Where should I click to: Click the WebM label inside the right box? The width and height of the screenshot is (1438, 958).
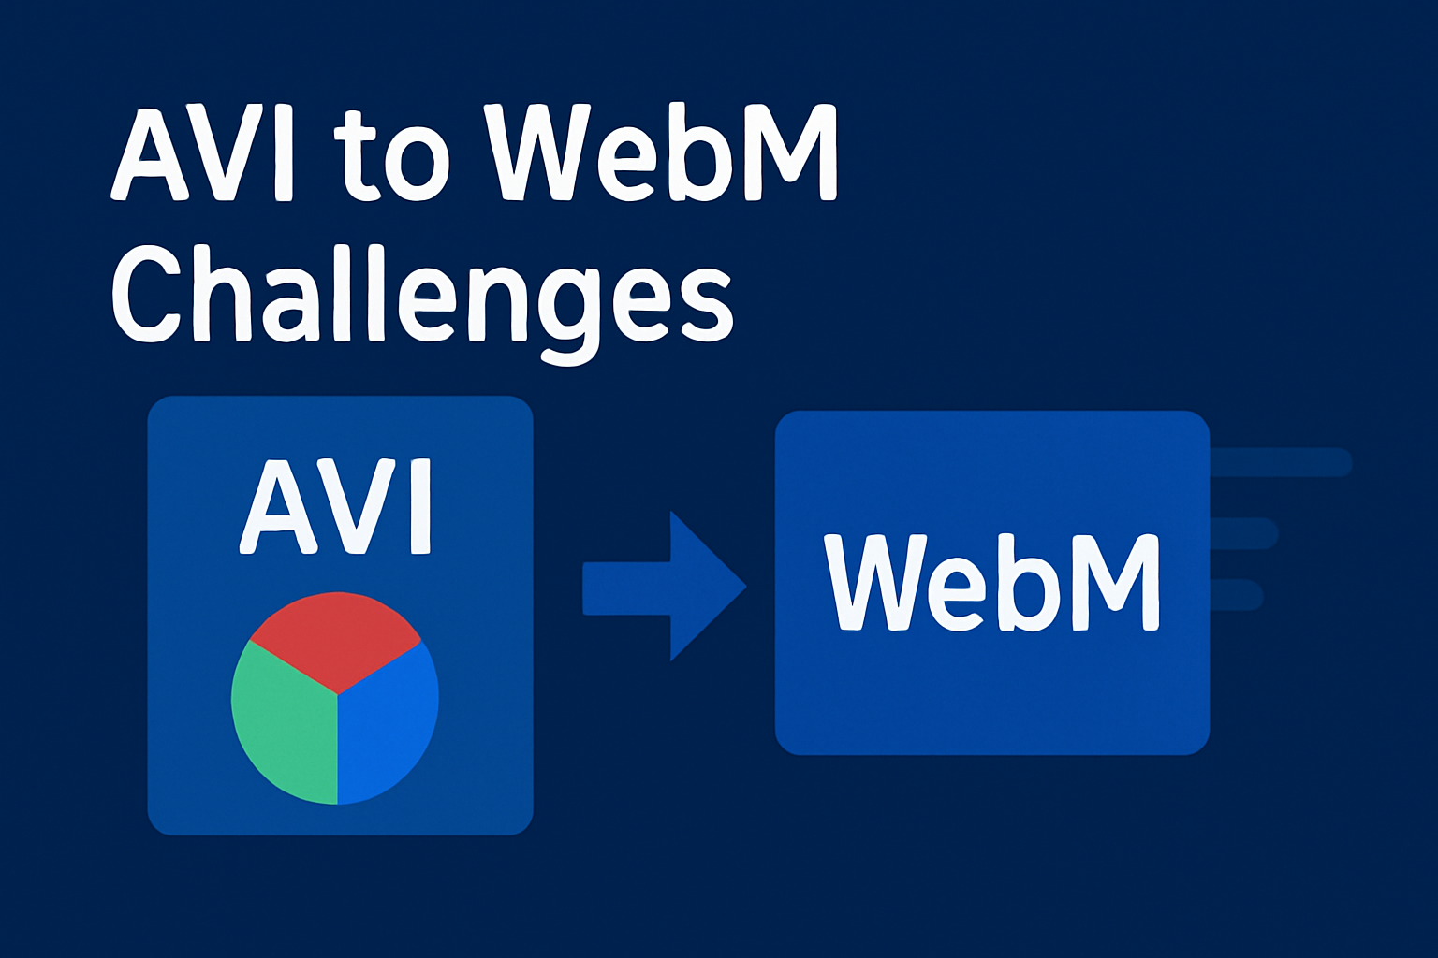pyautogui.click(x=990, y=583)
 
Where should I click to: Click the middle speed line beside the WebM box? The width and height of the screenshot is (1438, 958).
pyautogui.click(x=1245, y=533)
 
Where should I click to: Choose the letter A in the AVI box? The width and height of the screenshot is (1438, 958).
pyautogui.click(x=274, y=507)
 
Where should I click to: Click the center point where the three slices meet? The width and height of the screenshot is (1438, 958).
pyautogui.click(x=337, y=694)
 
